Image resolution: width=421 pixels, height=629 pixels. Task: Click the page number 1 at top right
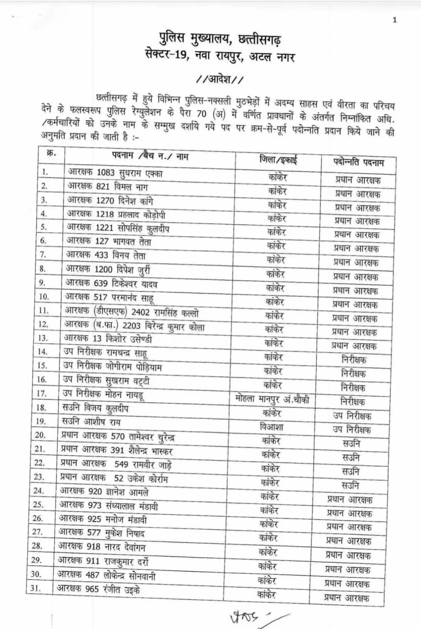point(395,20)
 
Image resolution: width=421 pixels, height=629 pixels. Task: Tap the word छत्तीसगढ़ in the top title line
point(260,39)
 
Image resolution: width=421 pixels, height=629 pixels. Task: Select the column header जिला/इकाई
point(278,160)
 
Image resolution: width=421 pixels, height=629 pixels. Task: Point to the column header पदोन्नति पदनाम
point(359,162)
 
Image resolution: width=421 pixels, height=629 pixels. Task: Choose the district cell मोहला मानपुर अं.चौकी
point(272,399)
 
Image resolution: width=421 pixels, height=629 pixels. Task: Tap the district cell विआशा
point(271,427)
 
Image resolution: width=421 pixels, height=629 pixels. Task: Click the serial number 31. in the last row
point(36,589)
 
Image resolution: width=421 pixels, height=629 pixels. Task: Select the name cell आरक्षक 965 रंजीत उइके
point(98,589)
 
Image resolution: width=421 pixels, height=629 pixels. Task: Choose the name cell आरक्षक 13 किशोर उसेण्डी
point(108,339)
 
